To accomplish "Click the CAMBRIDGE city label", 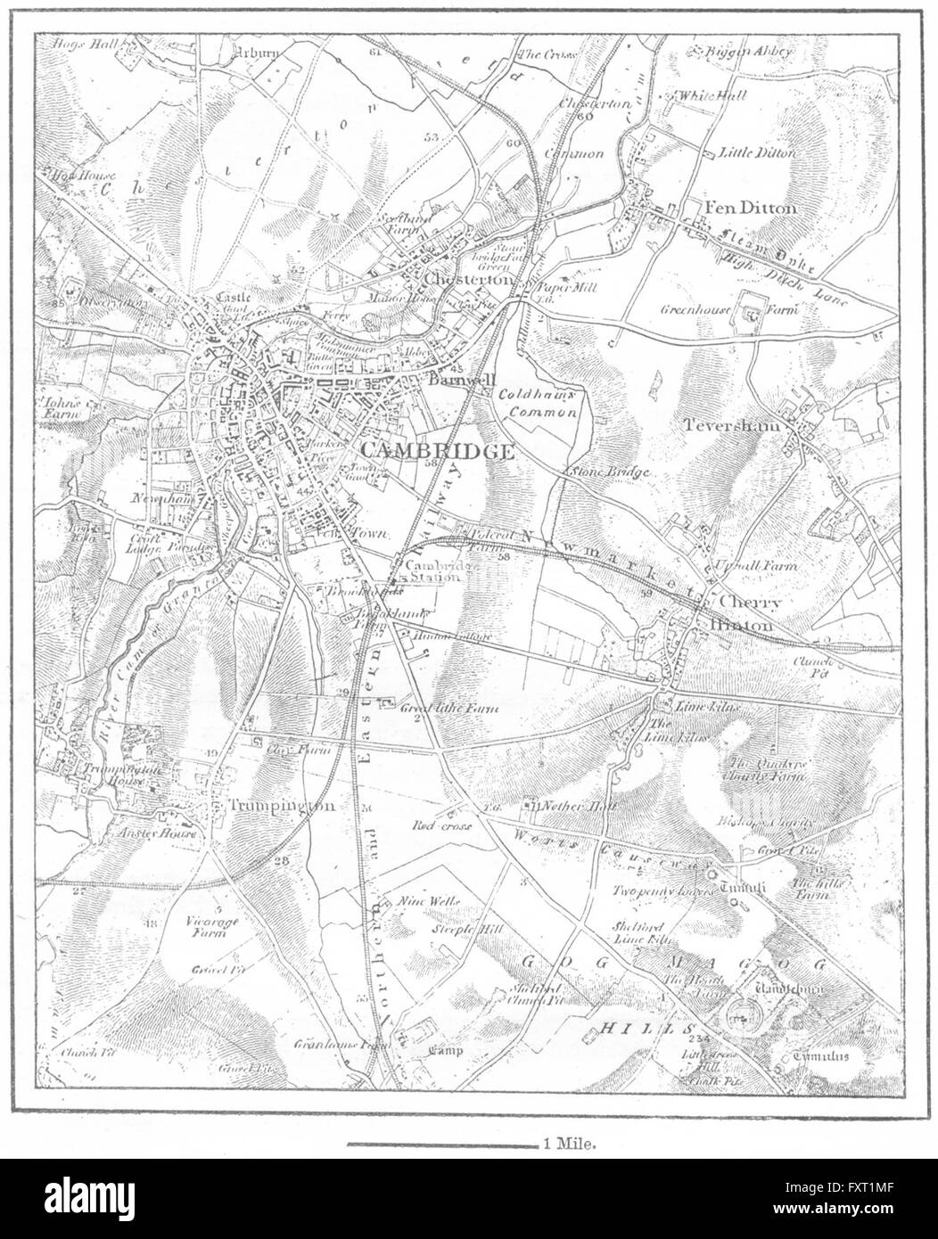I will pyautogui.click(x=437, y=451).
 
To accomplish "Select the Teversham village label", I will pyautogui.click(x=731, y=426).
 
